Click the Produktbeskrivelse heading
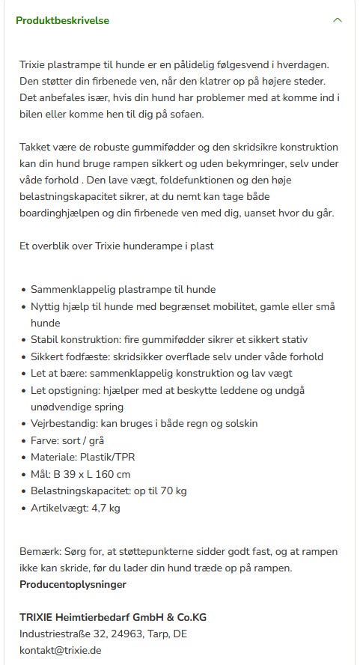[63, 20]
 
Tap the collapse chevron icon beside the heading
[338, 20]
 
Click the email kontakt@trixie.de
[60, 650]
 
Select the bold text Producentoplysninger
[73, 584]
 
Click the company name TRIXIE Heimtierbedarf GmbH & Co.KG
[113, 617]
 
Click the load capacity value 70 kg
[172, 491]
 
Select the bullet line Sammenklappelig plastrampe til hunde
[123, 289]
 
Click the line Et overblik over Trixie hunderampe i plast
[117, 246]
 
